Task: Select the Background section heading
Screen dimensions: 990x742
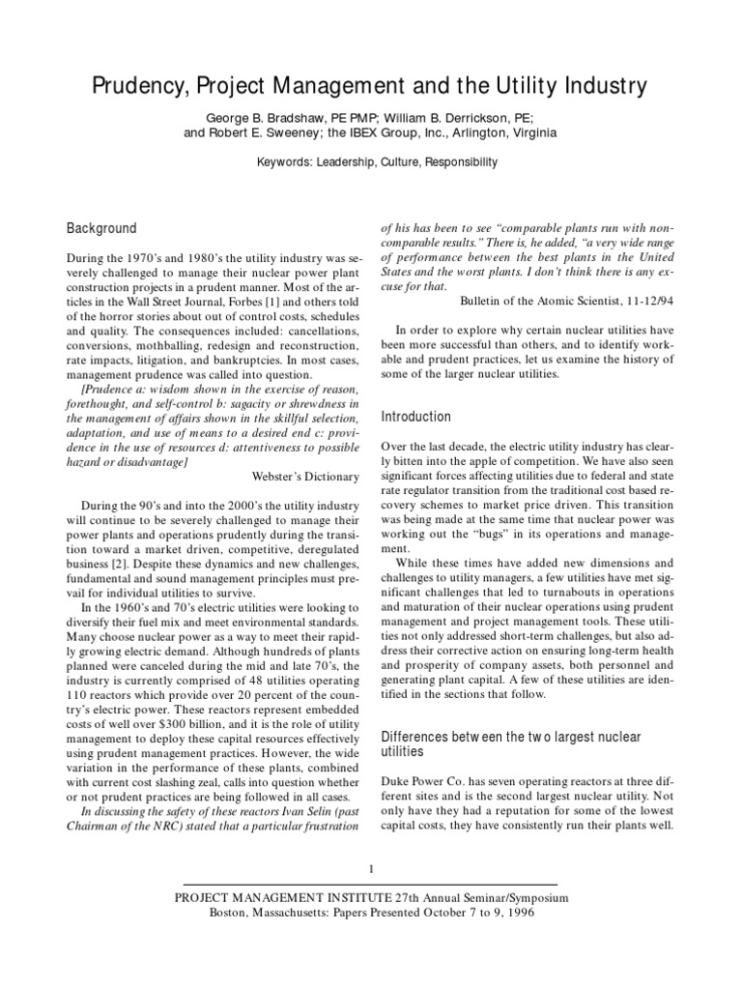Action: click(101, 229)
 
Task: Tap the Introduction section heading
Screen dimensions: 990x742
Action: click(416, 417)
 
